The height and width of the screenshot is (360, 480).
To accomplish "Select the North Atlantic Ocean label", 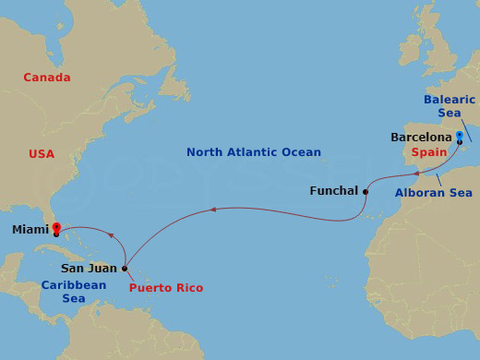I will (x=253, y=152).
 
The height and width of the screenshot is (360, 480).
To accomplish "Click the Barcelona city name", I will (x=421, y=138).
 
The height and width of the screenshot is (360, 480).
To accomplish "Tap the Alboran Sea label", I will (x=433, y=192).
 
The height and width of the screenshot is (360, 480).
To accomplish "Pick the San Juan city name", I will (x=89, y=269).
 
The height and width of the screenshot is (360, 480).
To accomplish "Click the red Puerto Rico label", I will (x=166, y=288).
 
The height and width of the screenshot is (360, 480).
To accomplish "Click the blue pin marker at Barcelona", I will (x=459, y=136).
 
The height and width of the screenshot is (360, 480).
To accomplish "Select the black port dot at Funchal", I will (x=366, y=192).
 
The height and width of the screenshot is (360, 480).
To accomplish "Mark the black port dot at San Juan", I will (x=125, y=269).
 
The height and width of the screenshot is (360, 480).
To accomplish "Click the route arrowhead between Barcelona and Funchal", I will (x=415, y=173).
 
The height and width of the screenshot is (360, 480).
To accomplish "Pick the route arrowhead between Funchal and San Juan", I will (x=213, y=210).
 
